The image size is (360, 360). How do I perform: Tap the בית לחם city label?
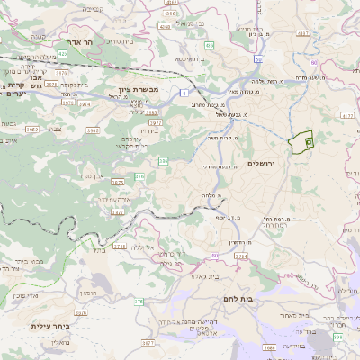[262, 297]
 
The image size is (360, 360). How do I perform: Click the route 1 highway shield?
[184, 92]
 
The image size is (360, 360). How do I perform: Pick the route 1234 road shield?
[240, 256]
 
